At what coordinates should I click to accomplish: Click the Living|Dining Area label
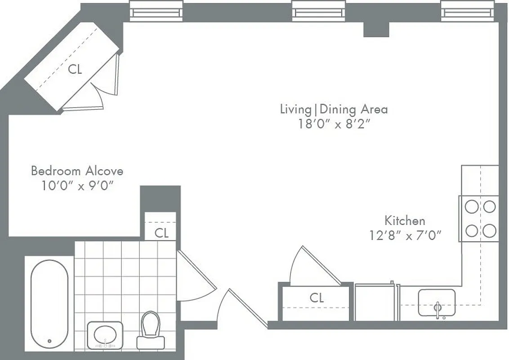tap(334, 109)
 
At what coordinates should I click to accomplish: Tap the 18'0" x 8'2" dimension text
tap(334, 124)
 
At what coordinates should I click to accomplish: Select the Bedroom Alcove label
tap(77, 171)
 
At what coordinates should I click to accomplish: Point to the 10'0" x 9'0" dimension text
tap(77, 186)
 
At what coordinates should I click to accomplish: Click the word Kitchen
tap(405, 220)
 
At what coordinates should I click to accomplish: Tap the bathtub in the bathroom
tap(49, 304)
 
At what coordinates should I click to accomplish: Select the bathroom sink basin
tap(105, 334)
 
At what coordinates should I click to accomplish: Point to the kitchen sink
tap(437, 302)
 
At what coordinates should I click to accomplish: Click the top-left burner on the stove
tap(471, 207)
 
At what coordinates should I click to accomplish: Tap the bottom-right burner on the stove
tap(490, 231)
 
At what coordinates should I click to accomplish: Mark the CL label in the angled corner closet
tap(75, 70)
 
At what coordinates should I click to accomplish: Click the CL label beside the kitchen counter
tap(317, 297)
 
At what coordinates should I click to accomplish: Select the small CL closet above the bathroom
tap(161, 233)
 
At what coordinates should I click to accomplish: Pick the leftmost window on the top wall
tap(156, 11)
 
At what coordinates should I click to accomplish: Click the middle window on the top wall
tap(318, 11)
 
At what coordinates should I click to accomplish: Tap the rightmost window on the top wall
tap(467, 11)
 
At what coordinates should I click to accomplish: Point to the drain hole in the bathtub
tap(49, 341)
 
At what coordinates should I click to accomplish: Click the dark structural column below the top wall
tap(376, 29)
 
